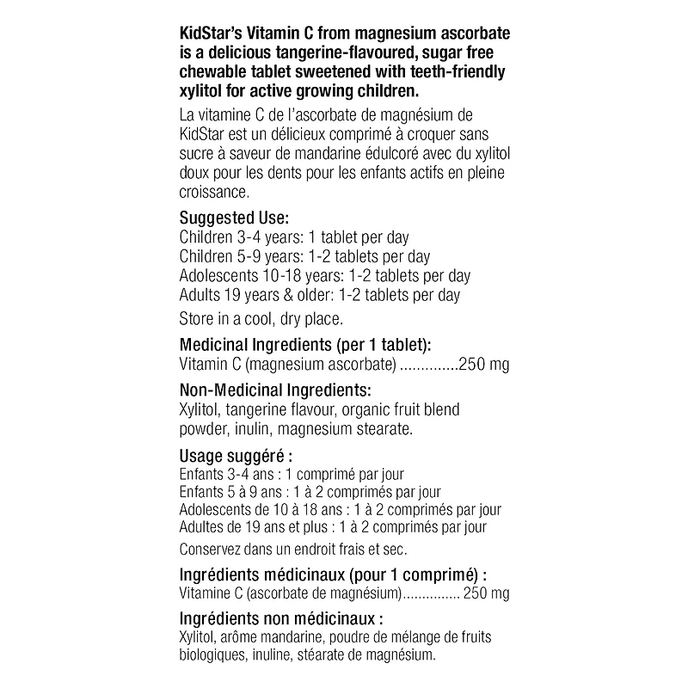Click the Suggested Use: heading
(234, 218)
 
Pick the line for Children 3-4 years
(293, 237)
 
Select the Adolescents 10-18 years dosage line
(324, 276)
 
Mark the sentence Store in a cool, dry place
(261, 319)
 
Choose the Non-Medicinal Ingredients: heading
(275, 390)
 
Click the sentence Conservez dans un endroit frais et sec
(292, 549)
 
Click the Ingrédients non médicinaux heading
(280, 618)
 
